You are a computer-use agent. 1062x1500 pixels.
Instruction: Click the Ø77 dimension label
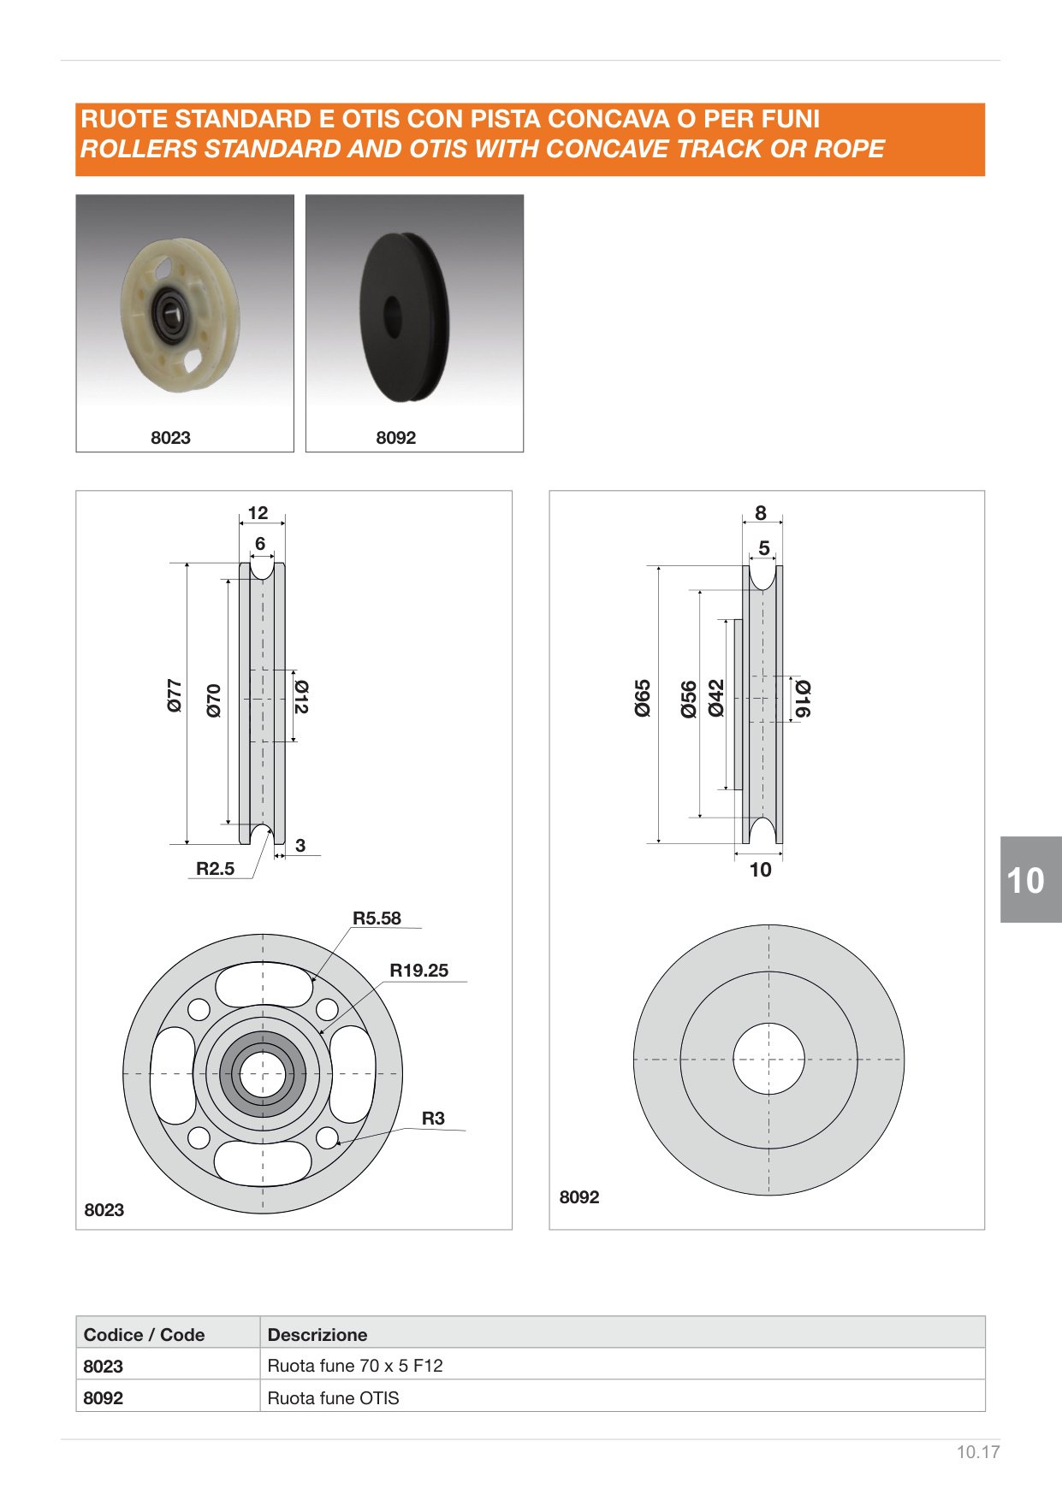175,696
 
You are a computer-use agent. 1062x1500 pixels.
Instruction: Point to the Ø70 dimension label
214,700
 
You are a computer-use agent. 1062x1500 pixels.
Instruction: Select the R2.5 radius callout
215,869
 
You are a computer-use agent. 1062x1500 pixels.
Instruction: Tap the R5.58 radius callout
377,918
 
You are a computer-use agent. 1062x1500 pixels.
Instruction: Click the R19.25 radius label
418,971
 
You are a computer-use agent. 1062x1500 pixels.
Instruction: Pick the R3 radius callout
433,1119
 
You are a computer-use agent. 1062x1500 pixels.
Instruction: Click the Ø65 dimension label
643,698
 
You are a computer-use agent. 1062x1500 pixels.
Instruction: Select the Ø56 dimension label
689,700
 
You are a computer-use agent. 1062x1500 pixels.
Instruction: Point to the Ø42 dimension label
716,698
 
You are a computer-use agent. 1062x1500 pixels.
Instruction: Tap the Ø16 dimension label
803,699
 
